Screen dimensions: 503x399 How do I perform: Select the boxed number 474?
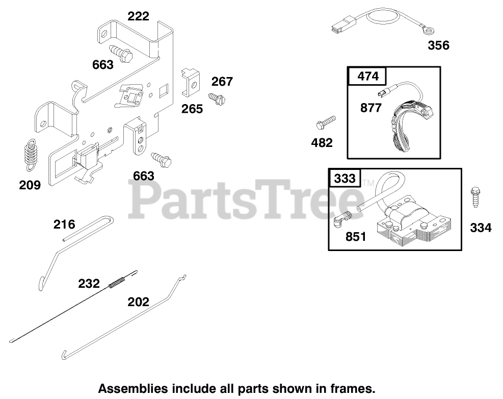368,76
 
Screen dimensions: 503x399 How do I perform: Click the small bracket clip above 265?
191,82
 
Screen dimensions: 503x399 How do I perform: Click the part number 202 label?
138,302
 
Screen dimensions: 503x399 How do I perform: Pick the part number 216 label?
64,224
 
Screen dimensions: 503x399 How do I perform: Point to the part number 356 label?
438,45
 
